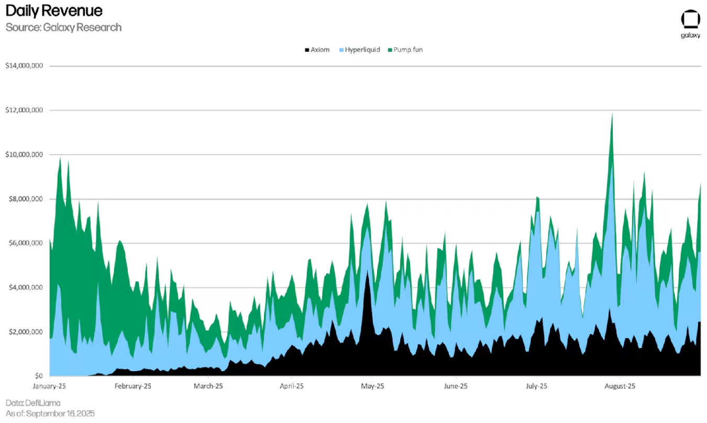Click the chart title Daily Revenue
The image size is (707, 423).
[54, 10]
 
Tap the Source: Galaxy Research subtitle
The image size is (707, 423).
[63, 27]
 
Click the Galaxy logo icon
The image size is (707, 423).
[690, 19]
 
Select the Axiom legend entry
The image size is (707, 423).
[317, 50]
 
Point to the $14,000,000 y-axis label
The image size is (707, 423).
[24, 66]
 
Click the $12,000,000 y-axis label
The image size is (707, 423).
[24, 111]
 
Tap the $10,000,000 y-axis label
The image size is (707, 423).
[24, 155]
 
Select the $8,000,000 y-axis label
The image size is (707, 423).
[26, 199]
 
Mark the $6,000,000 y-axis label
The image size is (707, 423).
[26, 243]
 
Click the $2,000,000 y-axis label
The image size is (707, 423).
[26, 332]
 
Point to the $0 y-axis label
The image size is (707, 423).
[38, 376]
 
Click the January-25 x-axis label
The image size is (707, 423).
[50, 386]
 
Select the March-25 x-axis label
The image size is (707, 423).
[208, 386]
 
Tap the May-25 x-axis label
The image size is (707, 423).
[373, 386]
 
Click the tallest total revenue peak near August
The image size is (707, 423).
[611, 114]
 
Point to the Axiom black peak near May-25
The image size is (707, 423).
[368, 273]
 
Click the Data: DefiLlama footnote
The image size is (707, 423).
[33, 403]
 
